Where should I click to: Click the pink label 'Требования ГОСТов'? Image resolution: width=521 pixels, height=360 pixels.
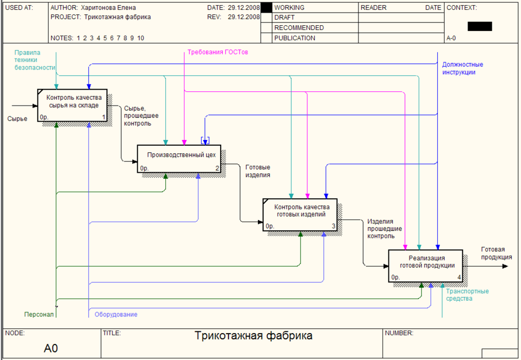click(x=218, y=52)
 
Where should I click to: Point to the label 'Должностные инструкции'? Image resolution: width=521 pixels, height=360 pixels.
click(x=462, y=68)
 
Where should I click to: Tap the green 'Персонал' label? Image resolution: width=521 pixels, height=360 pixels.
click(x=38, y=315)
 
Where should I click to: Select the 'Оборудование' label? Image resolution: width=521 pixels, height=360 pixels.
click(x=116, y=315)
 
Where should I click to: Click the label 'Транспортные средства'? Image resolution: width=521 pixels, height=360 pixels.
click(x=467, y=295)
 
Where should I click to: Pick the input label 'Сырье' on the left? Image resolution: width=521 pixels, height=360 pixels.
click(x=17, y=119)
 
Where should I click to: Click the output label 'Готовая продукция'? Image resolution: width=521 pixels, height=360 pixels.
click(x=496, y=253)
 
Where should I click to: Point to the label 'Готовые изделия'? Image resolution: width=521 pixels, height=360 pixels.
click(x=257, y=171)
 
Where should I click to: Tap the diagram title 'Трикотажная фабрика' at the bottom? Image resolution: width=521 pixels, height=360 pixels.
click(x=253, y=336)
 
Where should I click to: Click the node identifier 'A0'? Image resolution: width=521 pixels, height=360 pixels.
click(x=51, y=348)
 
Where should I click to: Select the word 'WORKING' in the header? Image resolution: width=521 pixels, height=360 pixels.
click(x=290, y=8)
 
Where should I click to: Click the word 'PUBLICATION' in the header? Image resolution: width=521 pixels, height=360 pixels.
click(x=295, y=38)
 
